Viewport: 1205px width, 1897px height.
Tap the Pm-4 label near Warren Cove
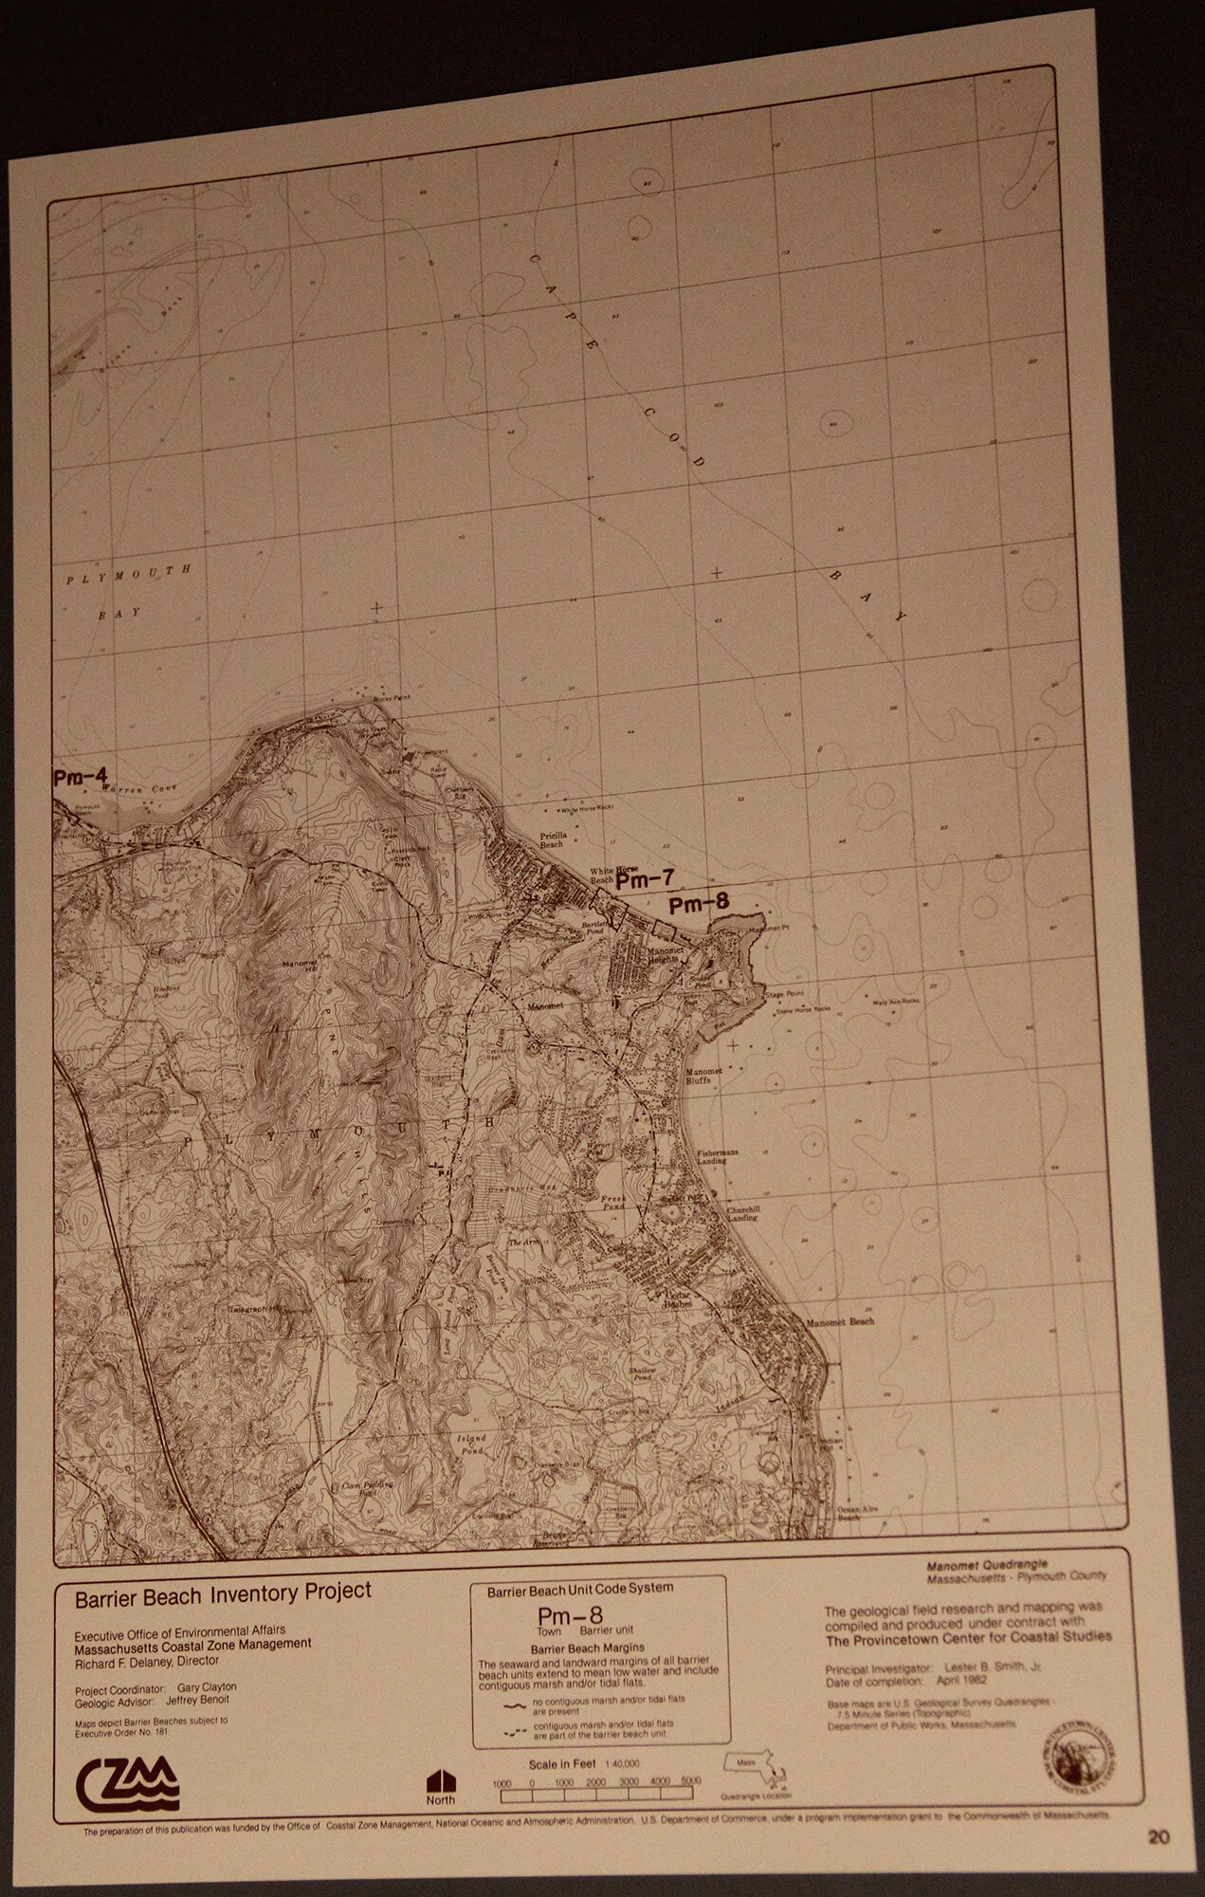pyautogui.click(x=80, y=777)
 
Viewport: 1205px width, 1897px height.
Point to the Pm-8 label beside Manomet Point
pyautogui.click(x=699, y=904)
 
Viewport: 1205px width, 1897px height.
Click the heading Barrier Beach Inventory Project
pyautogui.click(x=224, y=1591)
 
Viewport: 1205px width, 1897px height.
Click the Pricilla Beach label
pyautogui.click(x=552, y=839)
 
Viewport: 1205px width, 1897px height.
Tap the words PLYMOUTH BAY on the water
pyautogui.click(x=130, y=590)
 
